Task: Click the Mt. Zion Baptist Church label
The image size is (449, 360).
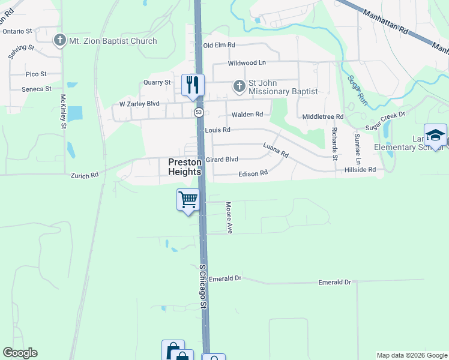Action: [113, 41]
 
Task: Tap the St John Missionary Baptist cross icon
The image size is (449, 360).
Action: [239, 86]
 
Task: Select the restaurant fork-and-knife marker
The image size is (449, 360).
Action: [193, 85]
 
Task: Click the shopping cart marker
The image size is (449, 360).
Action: [188, 199]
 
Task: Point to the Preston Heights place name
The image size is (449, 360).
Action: [184, 166]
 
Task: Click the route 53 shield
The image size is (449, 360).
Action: [199, 112]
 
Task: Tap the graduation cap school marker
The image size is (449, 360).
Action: [435, 134]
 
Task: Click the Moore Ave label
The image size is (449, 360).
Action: [229, 217]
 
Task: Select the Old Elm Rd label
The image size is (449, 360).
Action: [219, 45]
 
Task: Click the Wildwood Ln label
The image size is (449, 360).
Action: [246, 63]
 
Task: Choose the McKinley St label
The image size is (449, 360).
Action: [63, 112]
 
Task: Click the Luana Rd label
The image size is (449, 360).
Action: [276, 150]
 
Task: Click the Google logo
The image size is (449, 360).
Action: [20, 353]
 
